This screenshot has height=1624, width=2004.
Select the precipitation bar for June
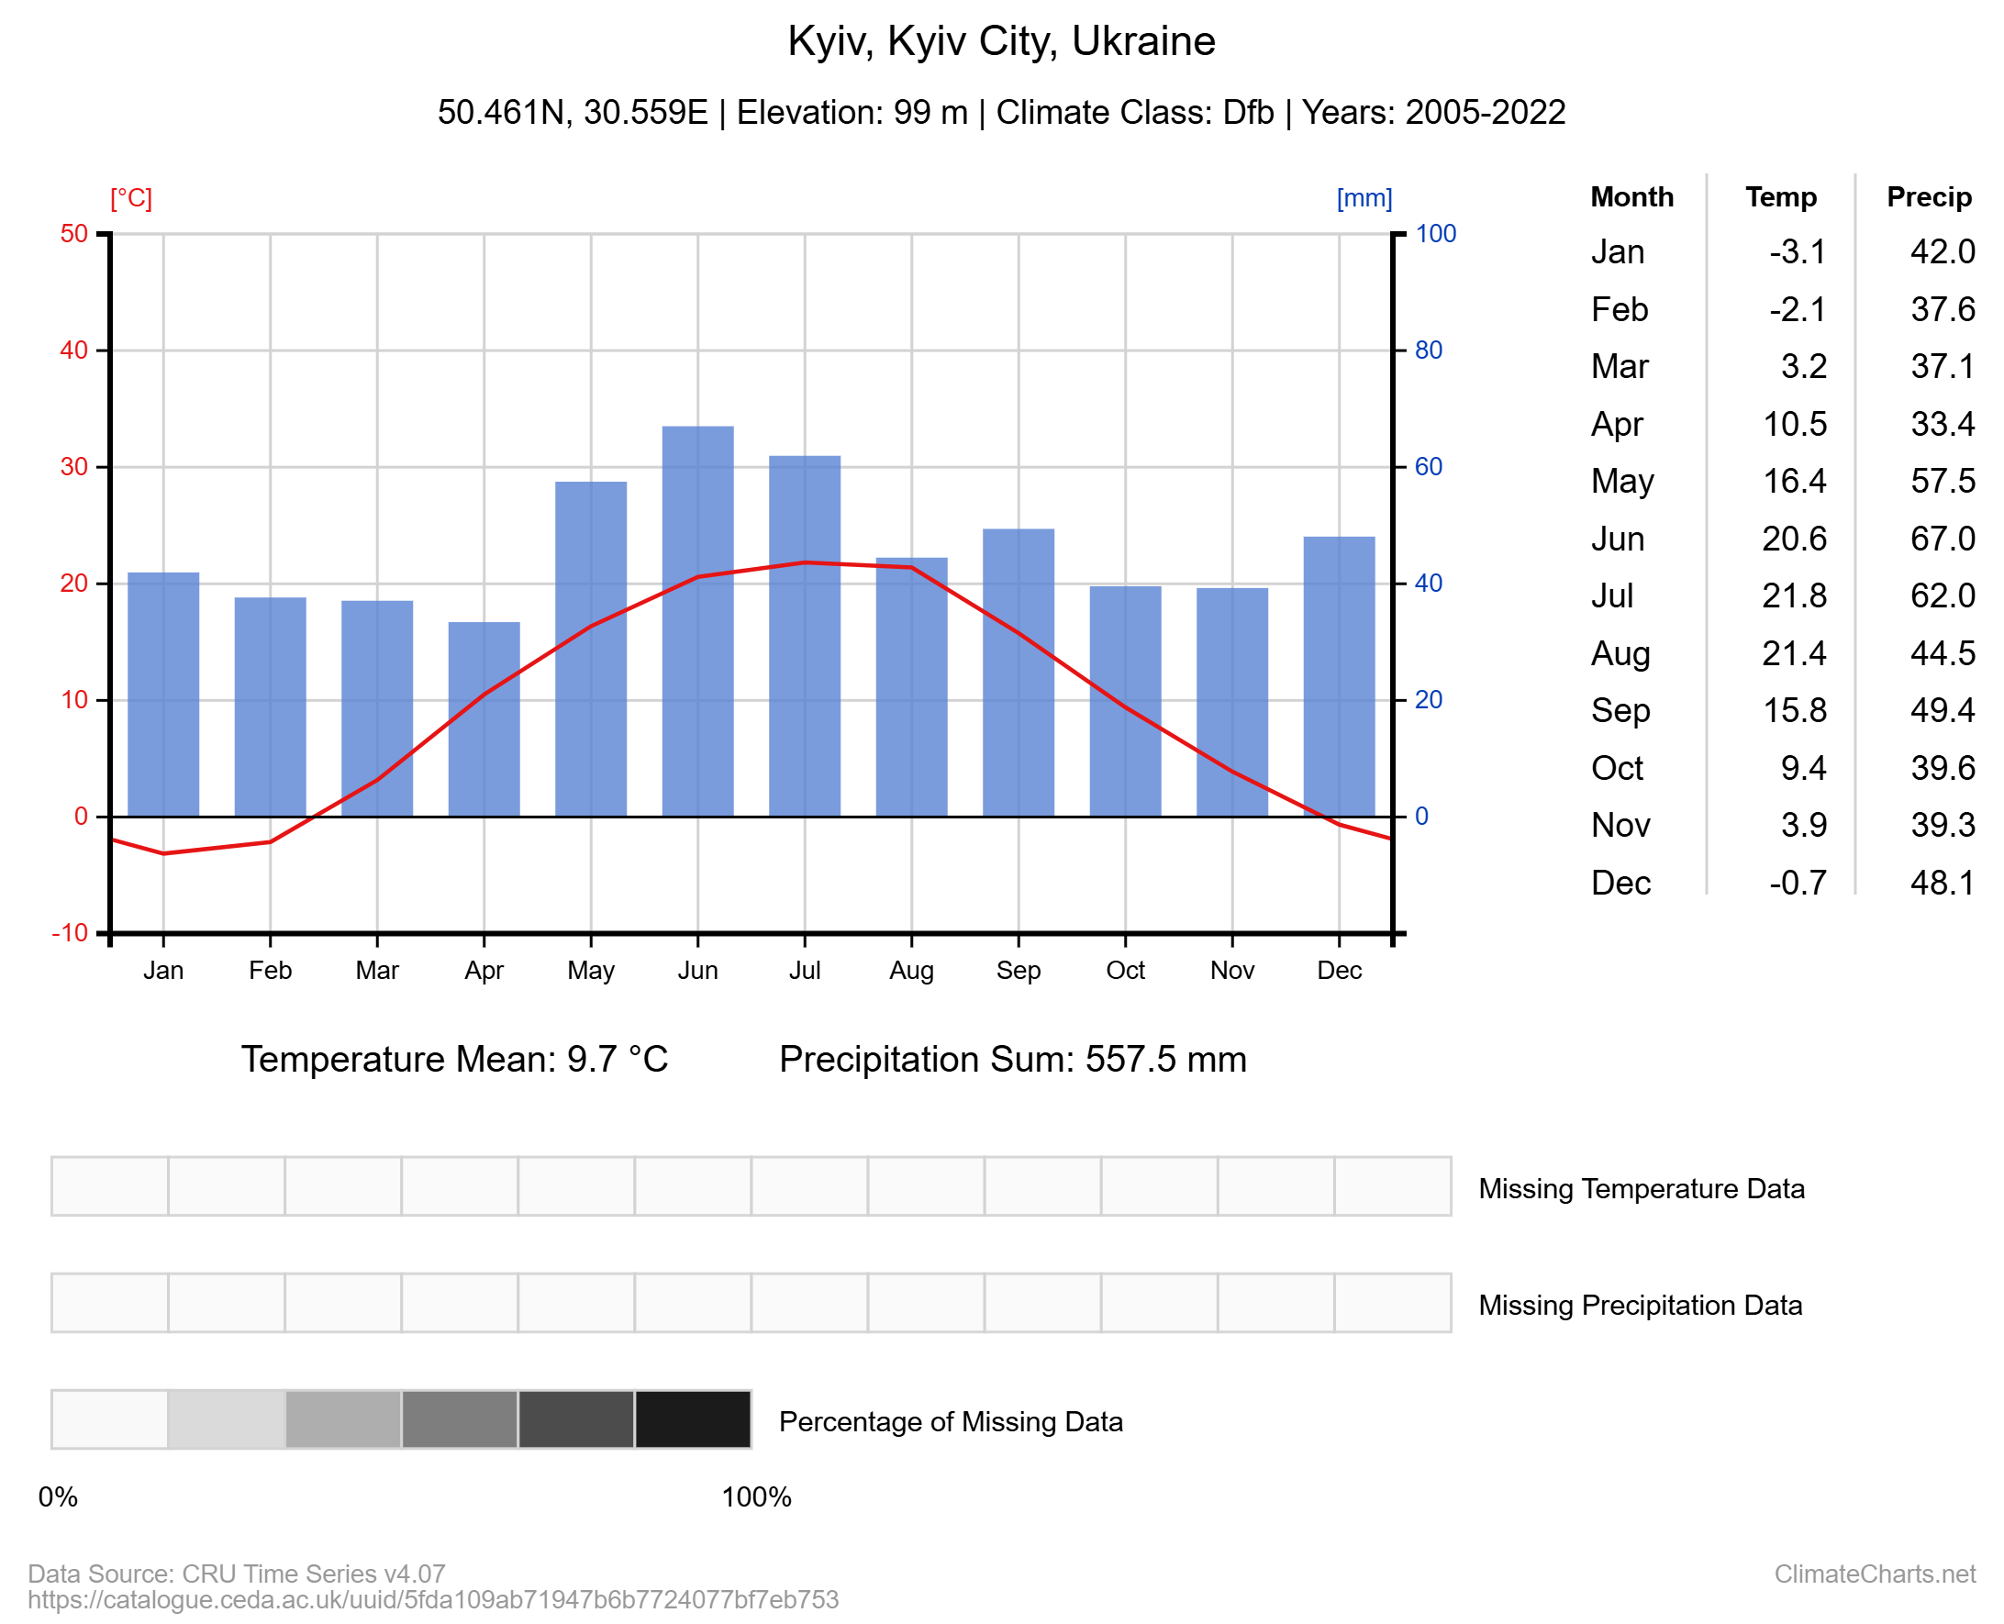click(x=697, y=621)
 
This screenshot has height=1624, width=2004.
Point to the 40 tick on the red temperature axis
click(x=74, y=350)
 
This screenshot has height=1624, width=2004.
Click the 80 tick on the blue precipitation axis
click(x=1428, y=350)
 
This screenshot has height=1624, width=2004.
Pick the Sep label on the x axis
click(x=1018, y=970)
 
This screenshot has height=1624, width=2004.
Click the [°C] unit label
click(x=131, y=198)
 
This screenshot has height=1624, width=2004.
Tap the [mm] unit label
click(x=1364, y=198)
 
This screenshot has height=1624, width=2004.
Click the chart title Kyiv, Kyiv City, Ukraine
click(x=1001, y=41)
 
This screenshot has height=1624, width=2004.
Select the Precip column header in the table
click(x=1928, y=196)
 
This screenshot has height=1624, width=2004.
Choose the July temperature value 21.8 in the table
click(x=1794, y=595)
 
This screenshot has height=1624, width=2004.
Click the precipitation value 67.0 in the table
click(x=1943, y=539)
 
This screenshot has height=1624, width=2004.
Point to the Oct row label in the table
click(x=1617, y=768)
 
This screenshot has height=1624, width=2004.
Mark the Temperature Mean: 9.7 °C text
click(x=455, y=1059)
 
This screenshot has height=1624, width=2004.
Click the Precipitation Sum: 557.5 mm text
click(x=1012, y=1059)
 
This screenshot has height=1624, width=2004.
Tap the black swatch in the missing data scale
click(x=693, y=1419)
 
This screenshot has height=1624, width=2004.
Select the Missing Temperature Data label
click(x=1641, y=1188)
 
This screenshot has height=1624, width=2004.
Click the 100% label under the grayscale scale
click(x=756, y=1496)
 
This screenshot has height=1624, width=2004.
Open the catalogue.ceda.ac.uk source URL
click(x=433, y=1599)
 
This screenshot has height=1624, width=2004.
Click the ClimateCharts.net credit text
click(x=1874, y=1574)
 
